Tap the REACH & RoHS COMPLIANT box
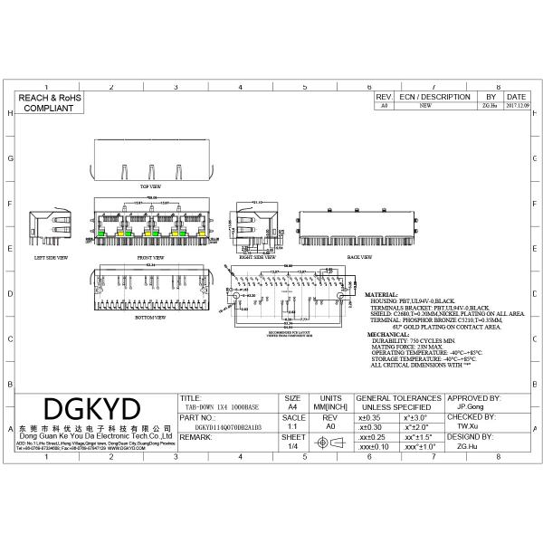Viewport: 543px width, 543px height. tap(45, 101)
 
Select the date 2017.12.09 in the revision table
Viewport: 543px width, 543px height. tap(516, 106)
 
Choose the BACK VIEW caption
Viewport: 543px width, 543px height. tap(359, 257)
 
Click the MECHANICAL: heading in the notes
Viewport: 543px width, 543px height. tap(387, 334)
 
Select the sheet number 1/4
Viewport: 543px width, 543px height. tap(292, 446)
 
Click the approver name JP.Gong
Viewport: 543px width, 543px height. tap(471, 407)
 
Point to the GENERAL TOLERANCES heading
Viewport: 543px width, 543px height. tap(399, 398)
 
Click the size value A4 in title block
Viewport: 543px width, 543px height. tap(292, 407)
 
